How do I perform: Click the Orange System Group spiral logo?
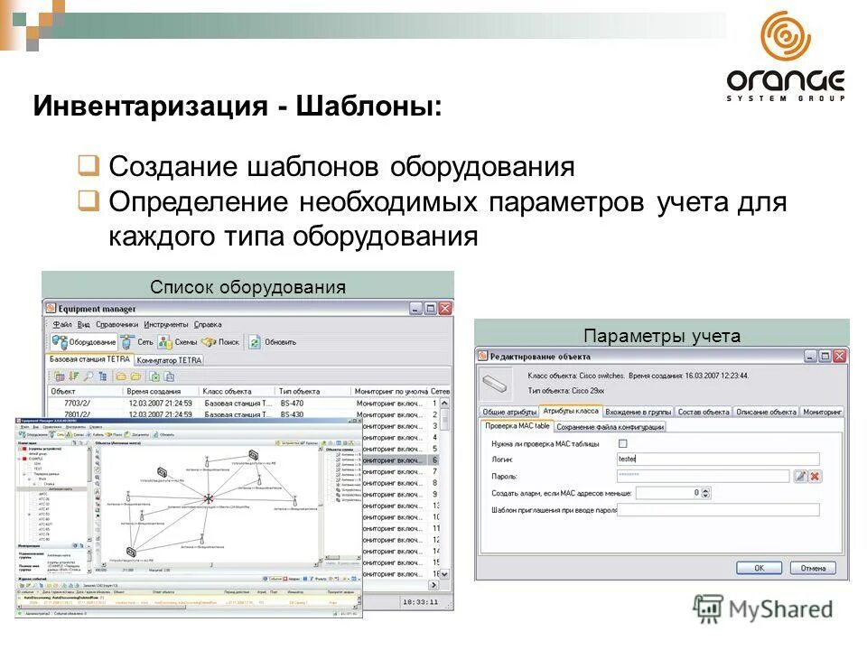point(785,39)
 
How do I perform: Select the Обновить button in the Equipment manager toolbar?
point(273,342)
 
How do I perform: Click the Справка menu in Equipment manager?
point(208,324)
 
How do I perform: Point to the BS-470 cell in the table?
point(293,404)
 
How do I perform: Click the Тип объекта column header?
point(300,391)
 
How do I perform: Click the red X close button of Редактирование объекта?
point(839,357)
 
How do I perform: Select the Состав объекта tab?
point(704,412)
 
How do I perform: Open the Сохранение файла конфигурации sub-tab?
point(610,426)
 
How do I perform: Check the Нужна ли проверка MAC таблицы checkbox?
point(622,443)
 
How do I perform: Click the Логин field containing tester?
point(717,460)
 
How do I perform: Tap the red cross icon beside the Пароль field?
point(815,476)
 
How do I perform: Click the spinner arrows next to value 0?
point(706,493)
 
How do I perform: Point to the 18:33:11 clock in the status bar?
point(420,600)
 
